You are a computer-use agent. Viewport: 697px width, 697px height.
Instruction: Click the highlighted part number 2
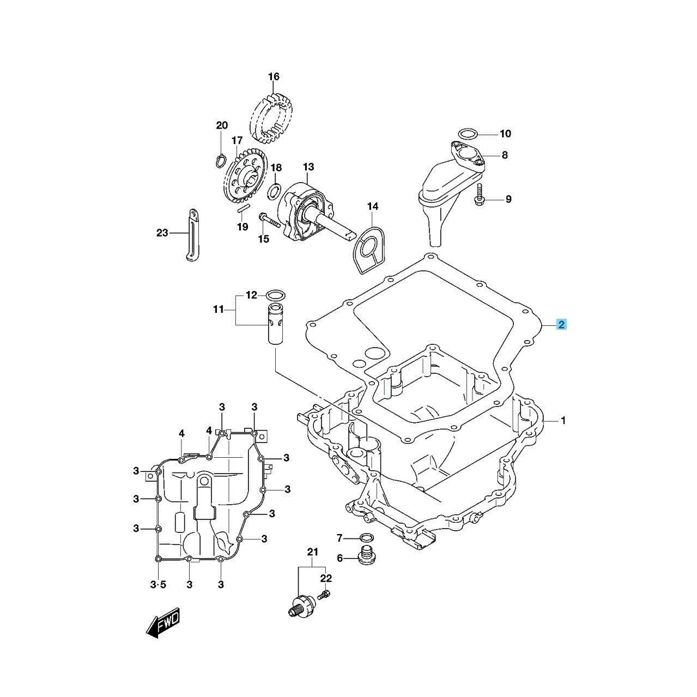561,325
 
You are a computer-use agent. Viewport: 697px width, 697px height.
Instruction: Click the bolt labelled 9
480,196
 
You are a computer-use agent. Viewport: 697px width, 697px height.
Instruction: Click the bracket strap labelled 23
192,235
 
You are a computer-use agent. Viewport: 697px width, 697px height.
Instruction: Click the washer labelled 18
276,190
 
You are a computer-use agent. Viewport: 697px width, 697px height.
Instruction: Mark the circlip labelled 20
220,160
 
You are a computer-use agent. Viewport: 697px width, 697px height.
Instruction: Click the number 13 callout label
308,166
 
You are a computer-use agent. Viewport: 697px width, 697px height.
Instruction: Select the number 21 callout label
312,553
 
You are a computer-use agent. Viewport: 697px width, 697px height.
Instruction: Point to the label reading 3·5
157,585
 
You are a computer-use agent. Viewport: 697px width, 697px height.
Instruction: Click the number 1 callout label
563,421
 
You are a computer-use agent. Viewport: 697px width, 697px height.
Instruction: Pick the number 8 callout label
505,155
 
